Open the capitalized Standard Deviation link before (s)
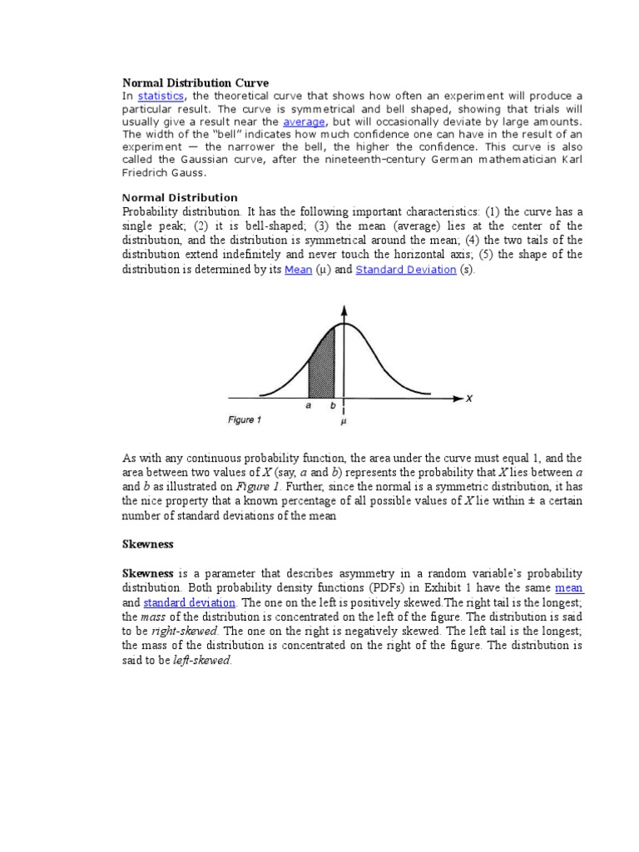click(x=406, y=270)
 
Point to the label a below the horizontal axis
click(x=309, y=407)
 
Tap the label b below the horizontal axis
click(x=333, y=407)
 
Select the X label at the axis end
click(x=468, y=399)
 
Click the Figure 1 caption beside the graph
click(x=245, y=420)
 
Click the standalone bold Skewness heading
click(x=148, y=543)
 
